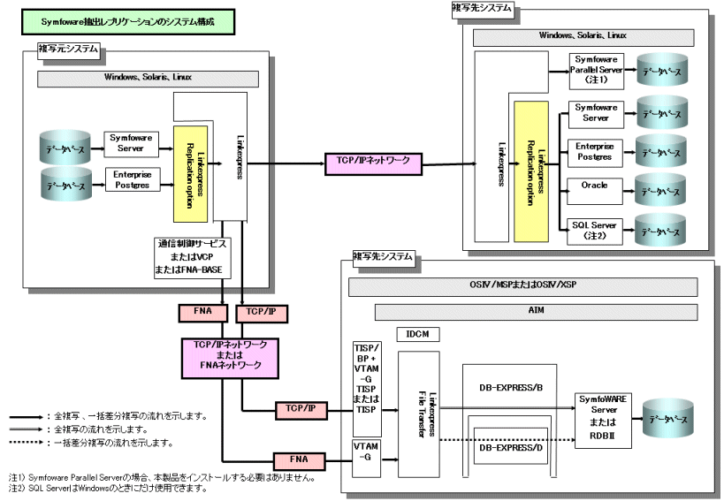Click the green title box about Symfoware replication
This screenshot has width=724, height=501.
click(126, 21)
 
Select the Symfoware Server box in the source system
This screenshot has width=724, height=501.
click(131, 142)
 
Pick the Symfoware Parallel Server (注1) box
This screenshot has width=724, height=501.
click(595, 70)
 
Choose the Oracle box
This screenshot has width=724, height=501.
click(595, 187)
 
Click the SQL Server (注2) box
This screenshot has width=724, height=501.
click(595, 230)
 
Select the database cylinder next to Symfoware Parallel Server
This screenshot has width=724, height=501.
click(660, 71)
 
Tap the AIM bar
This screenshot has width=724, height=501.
click(536, 312)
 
